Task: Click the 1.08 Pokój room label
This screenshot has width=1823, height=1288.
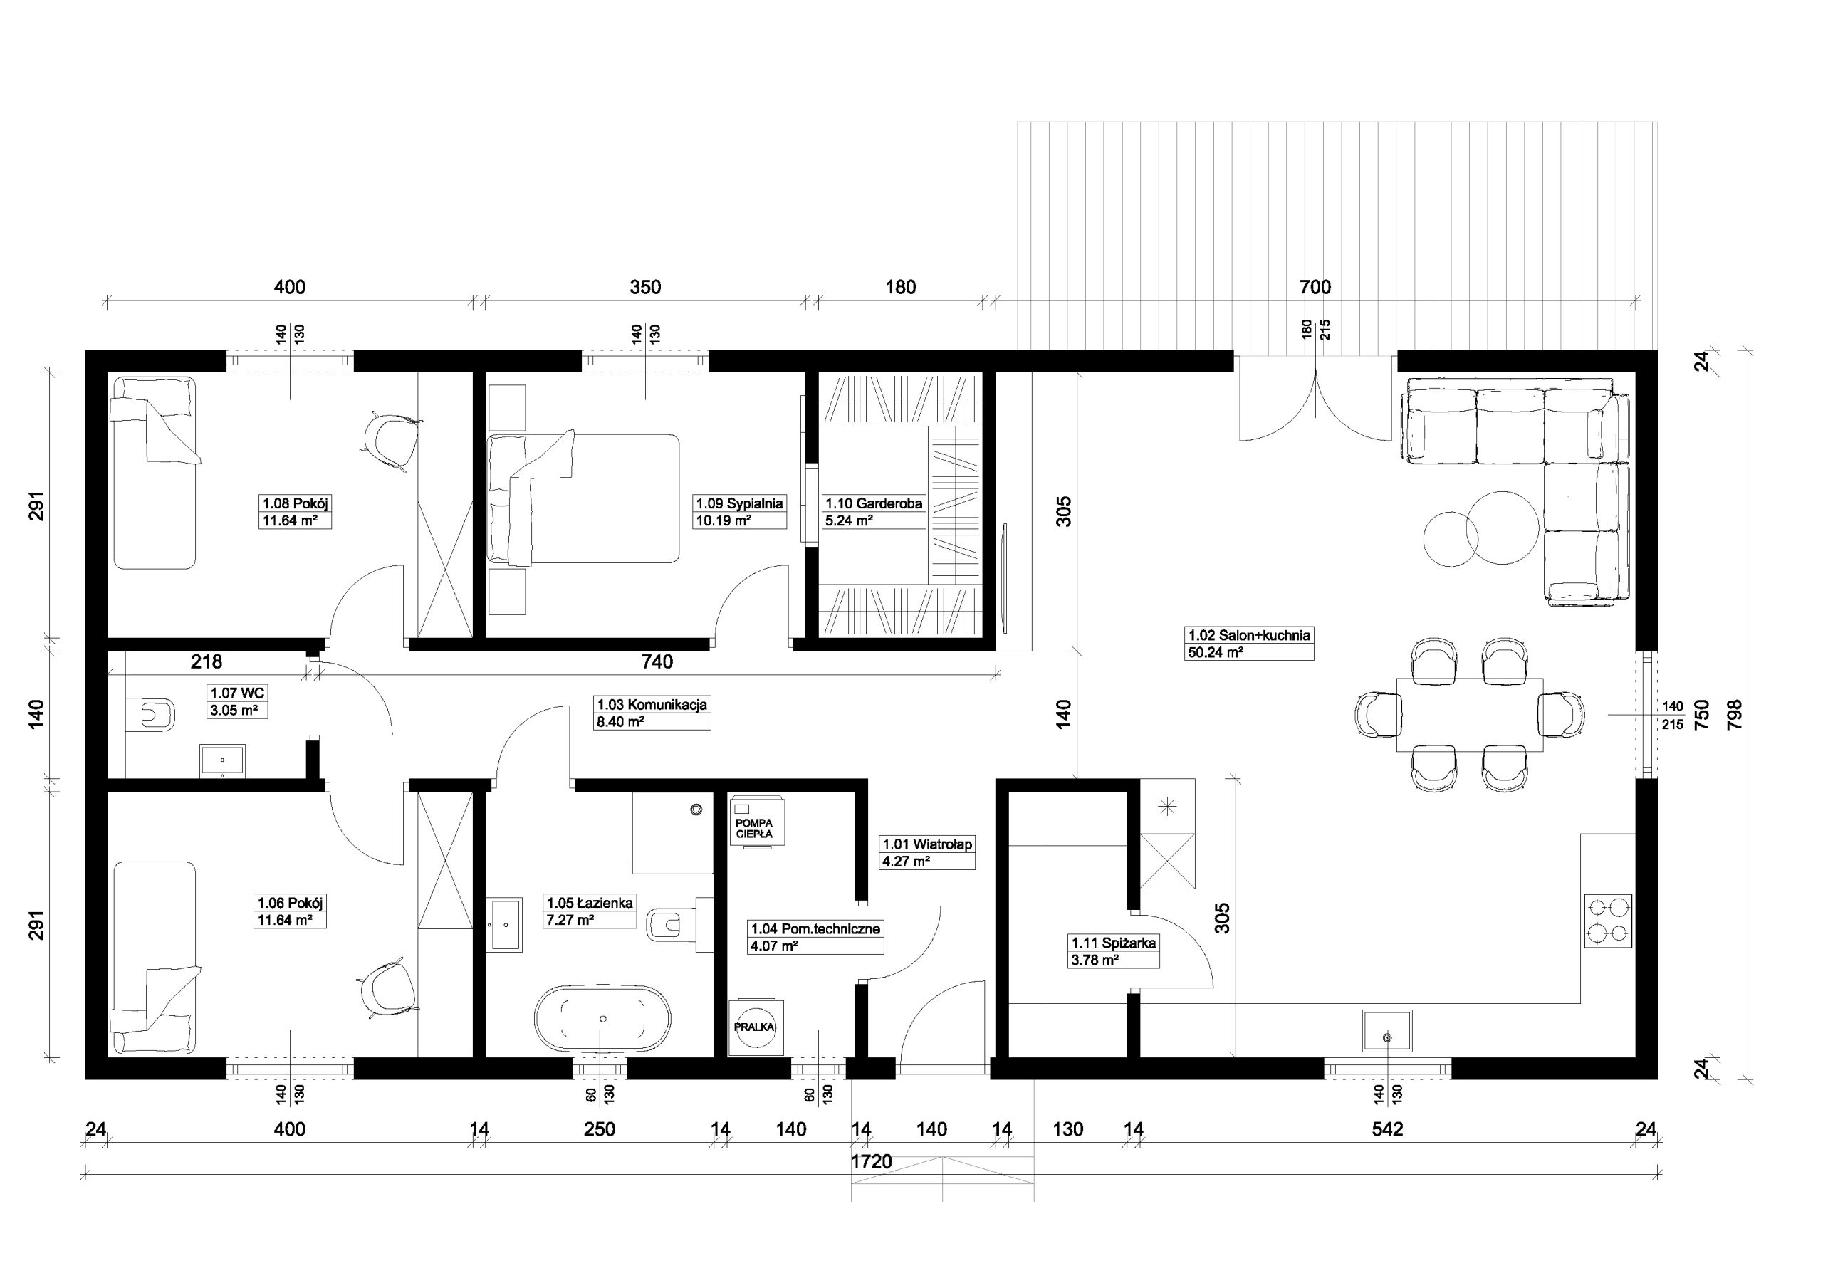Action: (x=296, y=503)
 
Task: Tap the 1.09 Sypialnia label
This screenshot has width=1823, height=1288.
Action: (x=739, y=503)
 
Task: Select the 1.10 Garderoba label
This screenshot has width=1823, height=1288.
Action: (x=873, y=503)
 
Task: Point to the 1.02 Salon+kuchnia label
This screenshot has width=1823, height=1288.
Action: (x=1249, y=635)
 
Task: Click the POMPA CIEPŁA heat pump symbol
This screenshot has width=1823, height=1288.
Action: (x=753, y=821)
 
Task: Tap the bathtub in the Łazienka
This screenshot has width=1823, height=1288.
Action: (x=602, y=1018)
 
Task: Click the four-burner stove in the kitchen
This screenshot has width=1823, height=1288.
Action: (x=1608, y=921)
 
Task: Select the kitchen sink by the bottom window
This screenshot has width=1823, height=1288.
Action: (x=1387, y=1031)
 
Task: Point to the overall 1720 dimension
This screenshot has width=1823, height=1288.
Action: (x=872, y=1162)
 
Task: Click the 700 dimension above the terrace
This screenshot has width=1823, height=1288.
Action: (x=1315, y=287)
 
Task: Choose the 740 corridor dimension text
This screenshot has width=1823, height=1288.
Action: (x=657, y=661)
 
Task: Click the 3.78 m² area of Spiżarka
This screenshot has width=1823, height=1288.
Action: (x=1095, y=960)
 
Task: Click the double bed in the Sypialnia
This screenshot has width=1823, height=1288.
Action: (x=585, y=498)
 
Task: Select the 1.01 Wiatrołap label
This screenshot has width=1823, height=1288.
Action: (x=927, y=844)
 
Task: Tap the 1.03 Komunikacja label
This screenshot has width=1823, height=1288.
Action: (x=652, y=704)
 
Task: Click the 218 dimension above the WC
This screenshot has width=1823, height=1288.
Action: (x=207, y=661)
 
